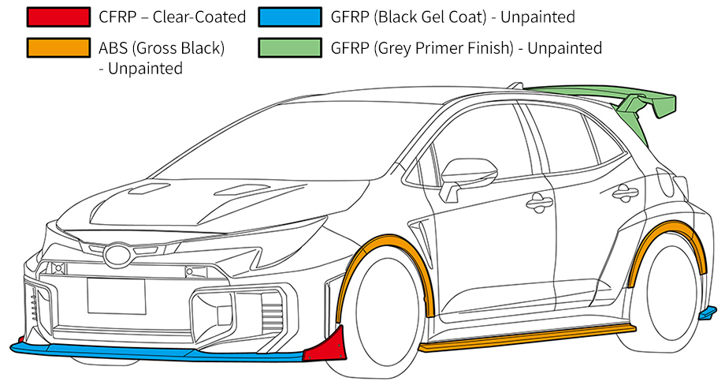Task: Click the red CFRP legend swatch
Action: [x=58, y=17]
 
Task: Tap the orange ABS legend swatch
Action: [x=58, y=48]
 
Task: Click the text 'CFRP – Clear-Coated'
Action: [x=173, y=17]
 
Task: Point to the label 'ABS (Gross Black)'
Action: [x=162, y=48]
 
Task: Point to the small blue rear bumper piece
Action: [x=708, y=315]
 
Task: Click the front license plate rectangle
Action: [x=116, y=296]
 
